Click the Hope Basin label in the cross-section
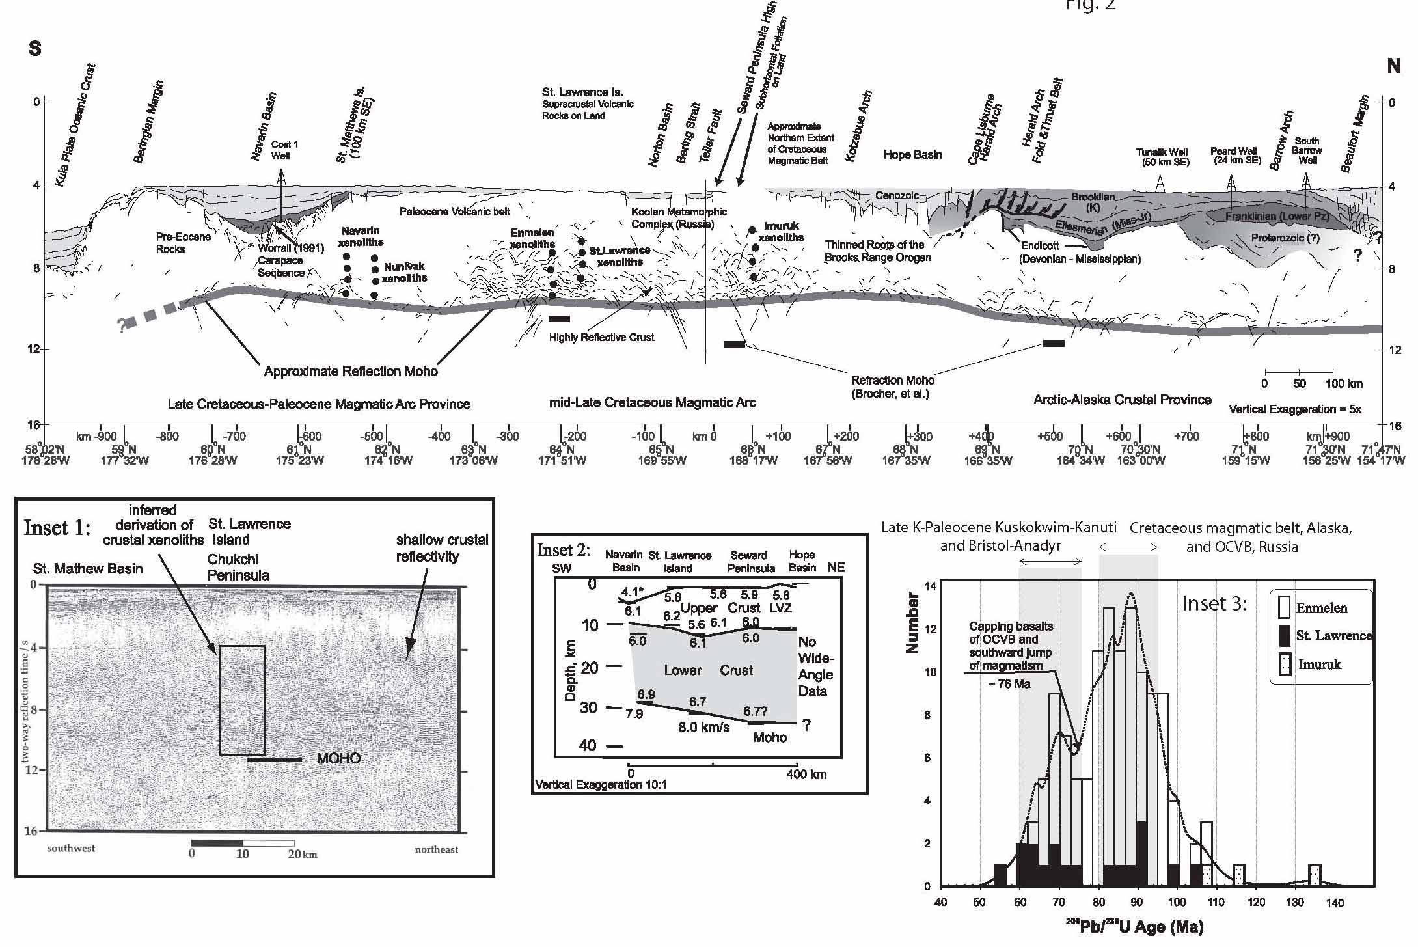click(x=912, y=155)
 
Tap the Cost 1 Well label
click(x=281, y=150)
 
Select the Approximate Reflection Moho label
click(x=351, y=371)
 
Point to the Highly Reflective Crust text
click(x=601, y=337)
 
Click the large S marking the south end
click(x=35, y=49)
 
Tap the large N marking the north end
click(x=1393, y=66)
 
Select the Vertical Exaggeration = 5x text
click(x=1295, y=409)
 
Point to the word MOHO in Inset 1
click(x=338, y=758)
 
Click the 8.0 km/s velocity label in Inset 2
click(x=703, y=727)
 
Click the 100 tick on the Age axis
click(x=1177, y=902)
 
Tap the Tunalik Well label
click(x=1163, y=157)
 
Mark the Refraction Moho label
click(x=892, y=387)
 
